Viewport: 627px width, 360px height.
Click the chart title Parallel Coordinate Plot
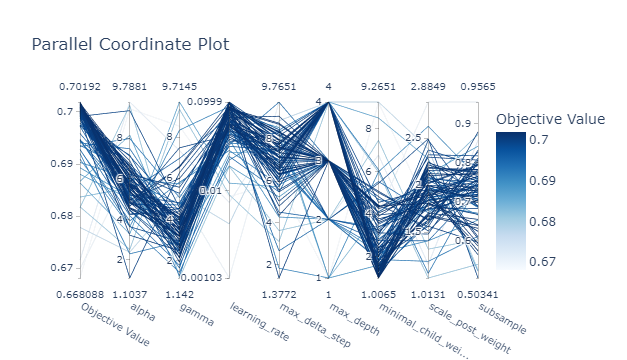(x=129, y=45)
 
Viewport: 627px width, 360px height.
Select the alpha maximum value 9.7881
(x=130, y=87)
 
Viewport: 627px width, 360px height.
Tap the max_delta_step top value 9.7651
(x=279, y=87)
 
